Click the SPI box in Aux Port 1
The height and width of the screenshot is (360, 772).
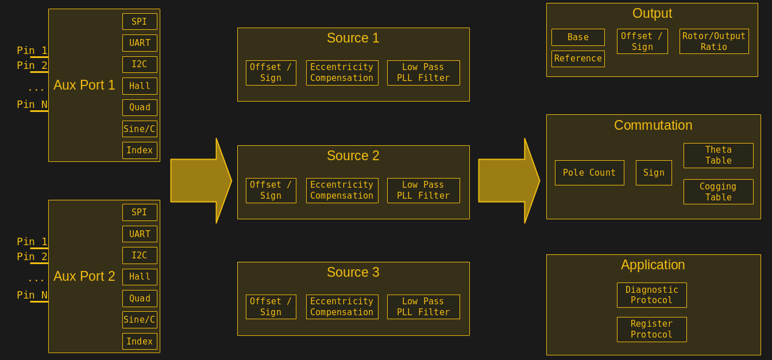coord(140,22)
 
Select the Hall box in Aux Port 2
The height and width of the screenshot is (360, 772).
coord(140,277)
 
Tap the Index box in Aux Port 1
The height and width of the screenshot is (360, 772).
coord(140,150)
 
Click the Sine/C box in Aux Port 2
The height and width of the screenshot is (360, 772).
coord(140,320)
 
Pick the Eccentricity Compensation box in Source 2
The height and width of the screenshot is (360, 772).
coord(342,191)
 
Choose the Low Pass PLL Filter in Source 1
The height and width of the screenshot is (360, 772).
coord(423,73)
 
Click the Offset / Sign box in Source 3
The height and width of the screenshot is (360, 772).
coord(271,307)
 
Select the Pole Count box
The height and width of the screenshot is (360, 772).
coord(589,173)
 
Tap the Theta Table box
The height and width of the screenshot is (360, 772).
coord(718,156)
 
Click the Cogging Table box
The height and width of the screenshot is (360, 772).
coord(718,192)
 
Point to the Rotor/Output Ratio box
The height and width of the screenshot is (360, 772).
coord(714,41)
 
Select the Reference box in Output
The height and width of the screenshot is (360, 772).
coord(578,59)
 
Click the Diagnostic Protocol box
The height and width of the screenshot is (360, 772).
coord(651,295)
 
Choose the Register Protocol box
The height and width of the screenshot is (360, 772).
coord(651,330)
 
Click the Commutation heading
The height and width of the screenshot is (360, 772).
coord(653,125)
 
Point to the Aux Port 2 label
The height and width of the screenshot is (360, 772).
coord(84,276)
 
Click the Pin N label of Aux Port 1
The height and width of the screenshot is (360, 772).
coord(32,104)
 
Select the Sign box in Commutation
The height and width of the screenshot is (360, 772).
coord(654,173)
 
